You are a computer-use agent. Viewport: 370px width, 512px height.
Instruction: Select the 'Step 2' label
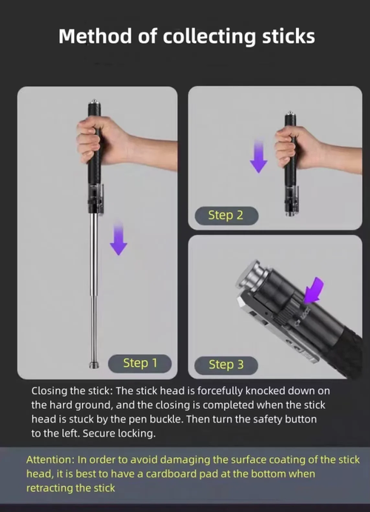[x=226, y=215]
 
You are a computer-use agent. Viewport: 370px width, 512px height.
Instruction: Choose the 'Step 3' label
[x=226, y=364]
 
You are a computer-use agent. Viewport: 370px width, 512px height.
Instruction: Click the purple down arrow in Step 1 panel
[x=118, y=239]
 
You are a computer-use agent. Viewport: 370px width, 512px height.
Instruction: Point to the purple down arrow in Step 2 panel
[x=258, y=157]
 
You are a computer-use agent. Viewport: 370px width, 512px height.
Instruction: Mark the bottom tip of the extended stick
[x=93, y=364]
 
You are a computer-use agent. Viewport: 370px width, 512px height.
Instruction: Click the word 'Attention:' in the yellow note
[x=52, y=459]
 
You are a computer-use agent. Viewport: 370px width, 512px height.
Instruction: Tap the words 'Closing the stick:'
[x=73, y=390]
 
